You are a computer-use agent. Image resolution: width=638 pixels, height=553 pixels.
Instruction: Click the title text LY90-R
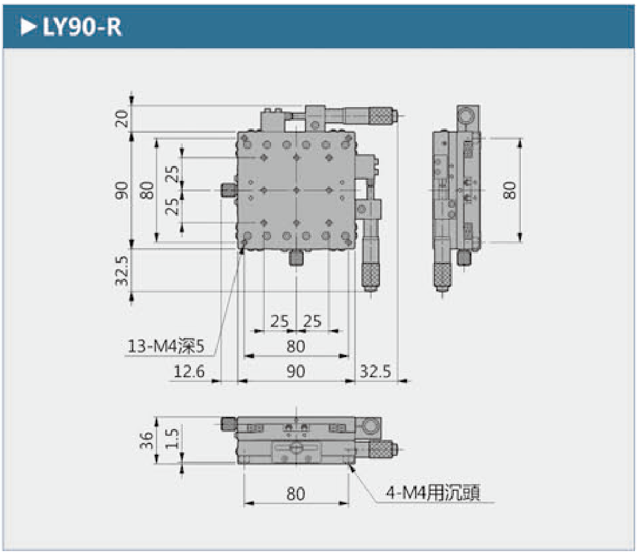click(x=81, y=28)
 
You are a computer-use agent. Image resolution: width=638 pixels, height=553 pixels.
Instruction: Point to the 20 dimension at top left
click(x=122, y=116)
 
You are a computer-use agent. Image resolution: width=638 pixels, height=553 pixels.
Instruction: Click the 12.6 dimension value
click(x=189, y=371)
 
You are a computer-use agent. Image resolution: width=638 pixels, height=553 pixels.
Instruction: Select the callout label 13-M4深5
click(x=166, y=346)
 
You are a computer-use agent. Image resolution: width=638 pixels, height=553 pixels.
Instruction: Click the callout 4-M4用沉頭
click(x=433, y=494)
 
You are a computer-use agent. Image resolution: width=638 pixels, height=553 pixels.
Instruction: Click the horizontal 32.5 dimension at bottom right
click(x=375, y=371)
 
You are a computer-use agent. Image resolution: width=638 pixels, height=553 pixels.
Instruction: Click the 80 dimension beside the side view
click(x=510, y=189)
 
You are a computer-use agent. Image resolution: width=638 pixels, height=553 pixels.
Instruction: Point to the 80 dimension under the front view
click(x=296, y=494)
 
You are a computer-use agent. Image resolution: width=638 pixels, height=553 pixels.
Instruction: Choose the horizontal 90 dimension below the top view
click(x=296, y=371)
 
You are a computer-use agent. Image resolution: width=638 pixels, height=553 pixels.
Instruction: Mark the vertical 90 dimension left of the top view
click(x=122, y=189)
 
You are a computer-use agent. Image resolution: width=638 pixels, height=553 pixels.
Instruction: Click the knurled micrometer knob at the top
click(x=379, y=115)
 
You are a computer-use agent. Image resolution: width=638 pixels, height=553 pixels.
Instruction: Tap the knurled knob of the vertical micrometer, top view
click(x=369, y=274)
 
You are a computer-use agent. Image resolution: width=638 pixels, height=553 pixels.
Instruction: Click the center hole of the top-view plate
click(x=296, y=189)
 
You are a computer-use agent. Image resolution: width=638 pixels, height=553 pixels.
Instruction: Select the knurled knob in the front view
click(x=381, y=449)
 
